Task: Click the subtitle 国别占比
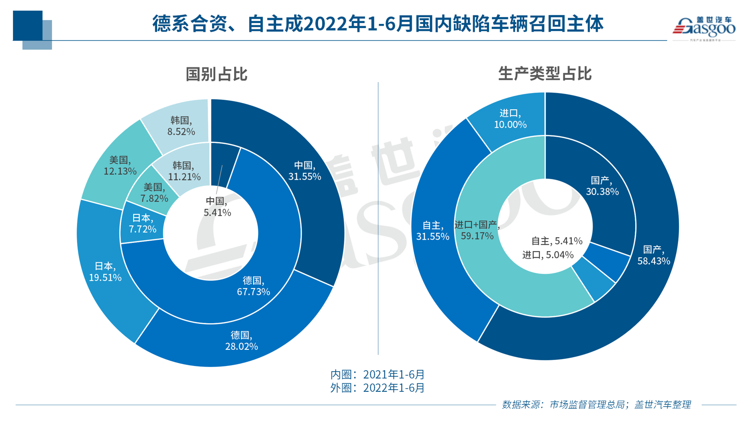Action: pos(216,74)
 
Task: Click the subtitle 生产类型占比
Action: pos(545,74)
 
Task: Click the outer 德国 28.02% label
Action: pos(241,341)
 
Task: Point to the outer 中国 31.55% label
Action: pos(304,171)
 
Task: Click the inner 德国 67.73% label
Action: pos(253,286)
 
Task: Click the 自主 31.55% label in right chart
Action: pos(432,231)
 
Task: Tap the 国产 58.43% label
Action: pos(653,255)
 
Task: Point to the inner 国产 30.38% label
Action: pos(602,186)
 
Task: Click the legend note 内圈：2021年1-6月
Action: pos(377,374)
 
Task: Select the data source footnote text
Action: pos(596,405)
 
